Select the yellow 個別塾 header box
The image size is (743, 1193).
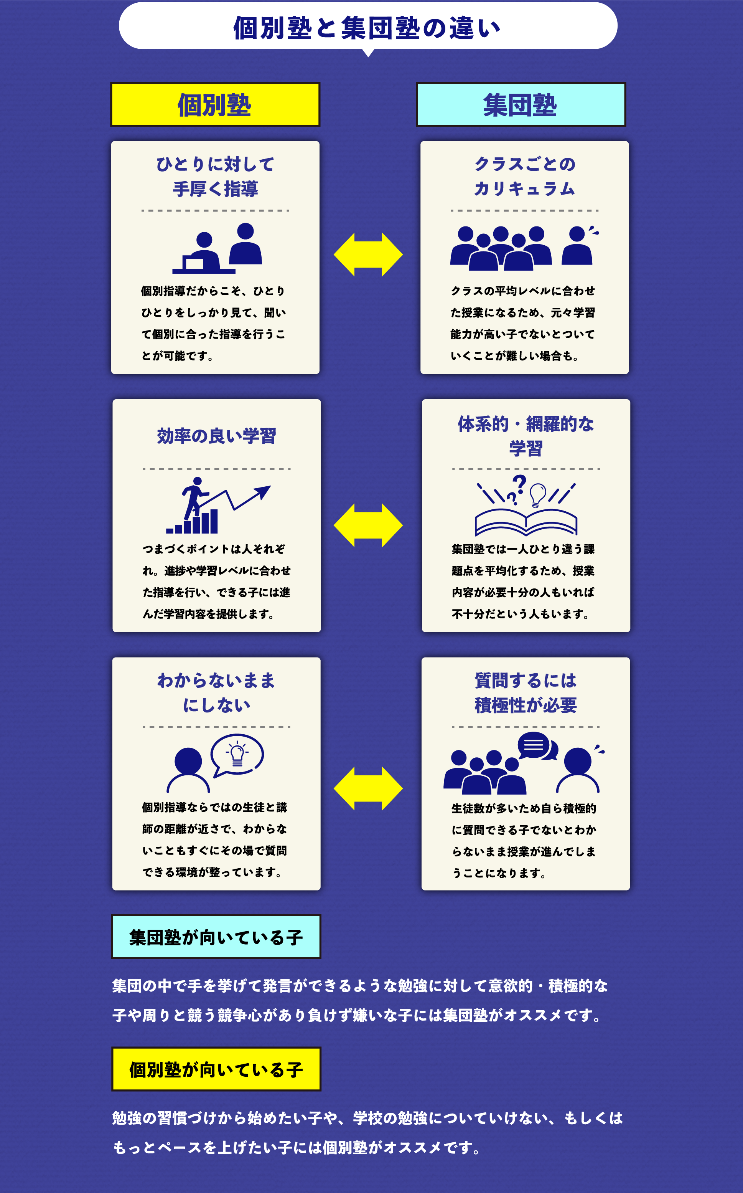point(215,105)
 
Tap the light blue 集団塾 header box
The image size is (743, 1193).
point(521,105)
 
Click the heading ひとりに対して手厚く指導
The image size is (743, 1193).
point(215,176)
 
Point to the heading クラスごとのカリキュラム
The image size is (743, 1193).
point(524,176)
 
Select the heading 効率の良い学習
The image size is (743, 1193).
point(216,436)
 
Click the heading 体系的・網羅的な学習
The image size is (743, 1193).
point(525,436)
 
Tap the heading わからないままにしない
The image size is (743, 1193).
point(216,692)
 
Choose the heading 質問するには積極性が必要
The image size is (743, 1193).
point(525,692)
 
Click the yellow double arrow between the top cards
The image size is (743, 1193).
point(368,255)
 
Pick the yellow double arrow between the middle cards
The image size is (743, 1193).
point(368,525)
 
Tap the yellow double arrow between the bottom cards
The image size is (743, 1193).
point(368,788)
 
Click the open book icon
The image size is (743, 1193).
point(525,522)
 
